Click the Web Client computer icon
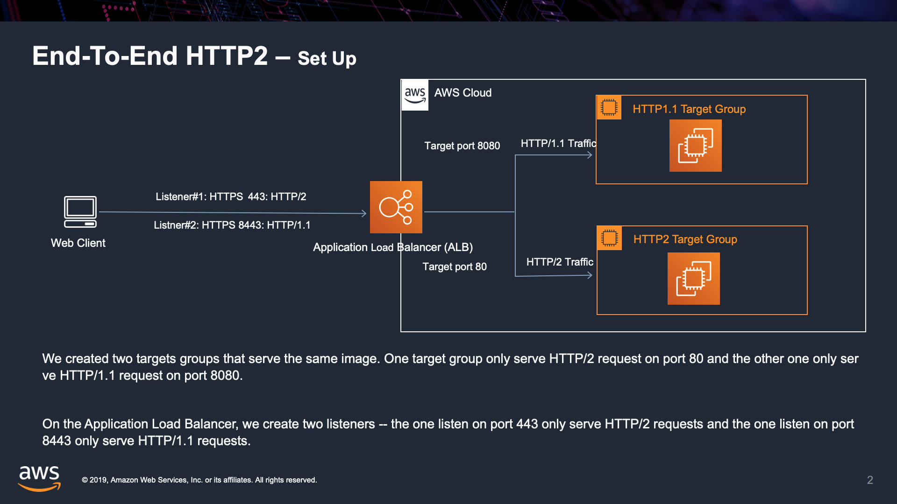coord(80,212)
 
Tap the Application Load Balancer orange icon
coord(396,207)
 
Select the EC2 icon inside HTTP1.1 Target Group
coord(695,146)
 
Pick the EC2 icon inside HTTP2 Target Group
coord(693,279)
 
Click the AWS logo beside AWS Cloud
coord(415,95)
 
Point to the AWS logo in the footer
coord(39,478)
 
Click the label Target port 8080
coord(462,146)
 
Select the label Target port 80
coord(455,267)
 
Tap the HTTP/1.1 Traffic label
coord(558,144)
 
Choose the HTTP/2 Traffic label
coord(560,262)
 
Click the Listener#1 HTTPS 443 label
coord(231,197)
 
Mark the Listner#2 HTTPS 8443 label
coord(232,225)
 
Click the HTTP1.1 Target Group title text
coord(689,109)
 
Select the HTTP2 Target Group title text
coord(685,239)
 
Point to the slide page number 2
coord(870,480)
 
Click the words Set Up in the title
coord(327,59)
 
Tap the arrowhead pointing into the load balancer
coord(364,213)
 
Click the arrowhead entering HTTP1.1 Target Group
coord(590,155)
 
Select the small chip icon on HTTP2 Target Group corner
coord(609,238)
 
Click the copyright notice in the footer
coord(199,480)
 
